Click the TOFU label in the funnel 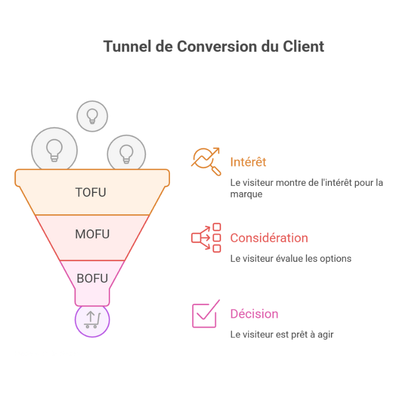pyautogui.click(x=91, y=192)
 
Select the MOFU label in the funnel pyautogui.click(x=92, y=234)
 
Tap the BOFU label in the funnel pyautogui.click(x=92, y=278)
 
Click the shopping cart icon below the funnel pyautogui.click(x=92, y=320)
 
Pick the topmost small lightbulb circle pyautogui.click(x=92, y=116)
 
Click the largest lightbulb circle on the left pyautogui.click(x=54, y=149)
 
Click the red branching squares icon pyautogui.click(x=206, y=238)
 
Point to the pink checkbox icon pyautogui.click(x=205, y=314)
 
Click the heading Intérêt pyautogui.click(x=248, y=162)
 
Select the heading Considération pyautogui.click(x=269, y=238)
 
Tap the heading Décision pyautogui.click(x=254, y=314)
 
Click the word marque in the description pyautogui.click(x=246, y=194)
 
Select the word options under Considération pyautogui.click(x=336, y=259)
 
